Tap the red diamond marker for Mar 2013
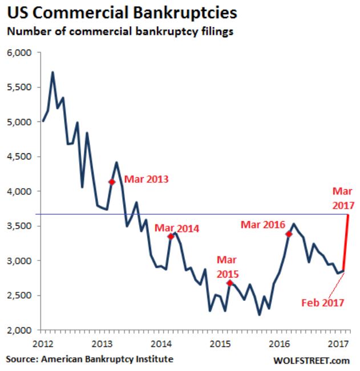[x=112, y=182]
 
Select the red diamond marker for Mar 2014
[x=171, y=237]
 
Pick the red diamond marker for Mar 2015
[x=229, y=283]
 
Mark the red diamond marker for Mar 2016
[x=289, y=234]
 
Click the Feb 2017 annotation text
[x=322, y=302]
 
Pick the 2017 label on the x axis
[x=338, y=344]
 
